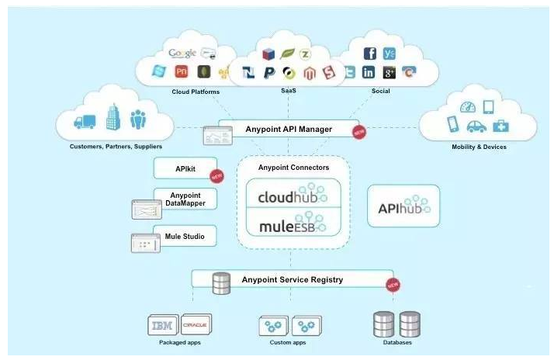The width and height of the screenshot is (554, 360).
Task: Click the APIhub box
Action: tap(403, 206)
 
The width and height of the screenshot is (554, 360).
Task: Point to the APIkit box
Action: tap(185, 167)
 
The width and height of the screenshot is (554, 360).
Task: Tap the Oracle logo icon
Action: tap(194, 324)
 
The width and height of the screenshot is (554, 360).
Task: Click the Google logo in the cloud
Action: tap(182, 54)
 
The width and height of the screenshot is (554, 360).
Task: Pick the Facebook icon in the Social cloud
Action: tap(370, 54)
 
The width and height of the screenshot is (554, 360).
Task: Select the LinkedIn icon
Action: tap(369, 72)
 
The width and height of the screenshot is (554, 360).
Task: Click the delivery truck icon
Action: tap(84, 121)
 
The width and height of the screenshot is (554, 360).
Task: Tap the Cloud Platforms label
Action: tap(196, 92)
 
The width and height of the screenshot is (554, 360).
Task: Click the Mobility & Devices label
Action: tap(479, 147)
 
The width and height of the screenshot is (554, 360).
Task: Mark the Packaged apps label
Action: tap(179, 342)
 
